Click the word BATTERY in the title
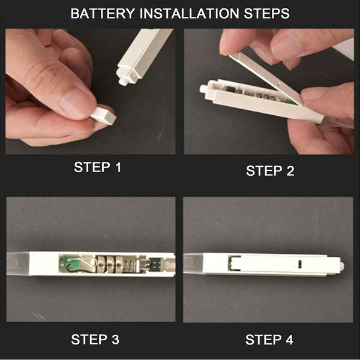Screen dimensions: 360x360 pyautogui.click(x=103, y=13)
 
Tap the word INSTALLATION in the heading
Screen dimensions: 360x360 pyautogui.click(x=190, y=13)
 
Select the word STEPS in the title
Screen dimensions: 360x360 pyautogui.click(x=266, y=13)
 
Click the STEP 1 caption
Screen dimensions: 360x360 pyautogui.click(x=97, y=167)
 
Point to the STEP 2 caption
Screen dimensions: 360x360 pyautogui.click(x=270, y=171)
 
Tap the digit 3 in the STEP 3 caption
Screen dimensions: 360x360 pyautogui.click(x=115, y=340)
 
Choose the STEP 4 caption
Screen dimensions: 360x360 pyautogui.click(x=269, y=340)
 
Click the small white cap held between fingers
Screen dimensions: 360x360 pyautogui.click(x=104, y=115)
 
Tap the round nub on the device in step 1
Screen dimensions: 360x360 pyautogui.click(x=123, y=82)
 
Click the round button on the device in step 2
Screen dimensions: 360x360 pyautogui.click(x=203, y=89)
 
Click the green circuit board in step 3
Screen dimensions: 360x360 pyautogui.click(x=69, y=263)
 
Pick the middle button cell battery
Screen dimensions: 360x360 pyautogui.click(x=110, y=265)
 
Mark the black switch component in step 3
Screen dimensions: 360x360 pyautogui.click(x=155, y=263)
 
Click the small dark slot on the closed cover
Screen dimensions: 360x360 pyautogui.click(x=299, y=264)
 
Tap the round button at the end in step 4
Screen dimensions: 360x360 pyautogui.click(x=342, y=266)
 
